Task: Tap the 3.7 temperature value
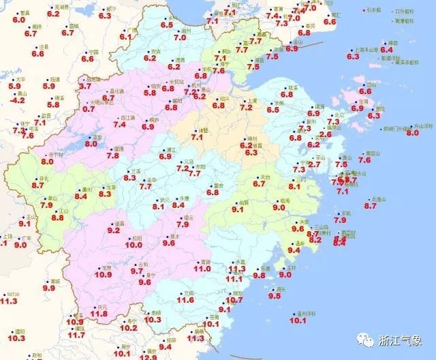[x=85, y=86]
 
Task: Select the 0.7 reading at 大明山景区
[x=89, y=108]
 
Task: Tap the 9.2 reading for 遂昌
[x=113, y=230]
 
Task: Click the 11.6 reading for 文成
[x=185, y=299]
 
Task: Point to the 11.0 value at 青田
[x=202, y=269]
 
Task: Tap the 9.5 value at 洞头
[x=275, y=296]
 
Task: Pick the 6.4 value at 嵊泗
[x=386, y=49]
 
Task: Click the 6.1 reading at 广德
[x=125, y=37]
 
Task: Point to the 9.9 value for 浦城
[x=48, y=288]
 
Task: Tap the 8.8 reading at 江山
[x=57, y=217]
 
